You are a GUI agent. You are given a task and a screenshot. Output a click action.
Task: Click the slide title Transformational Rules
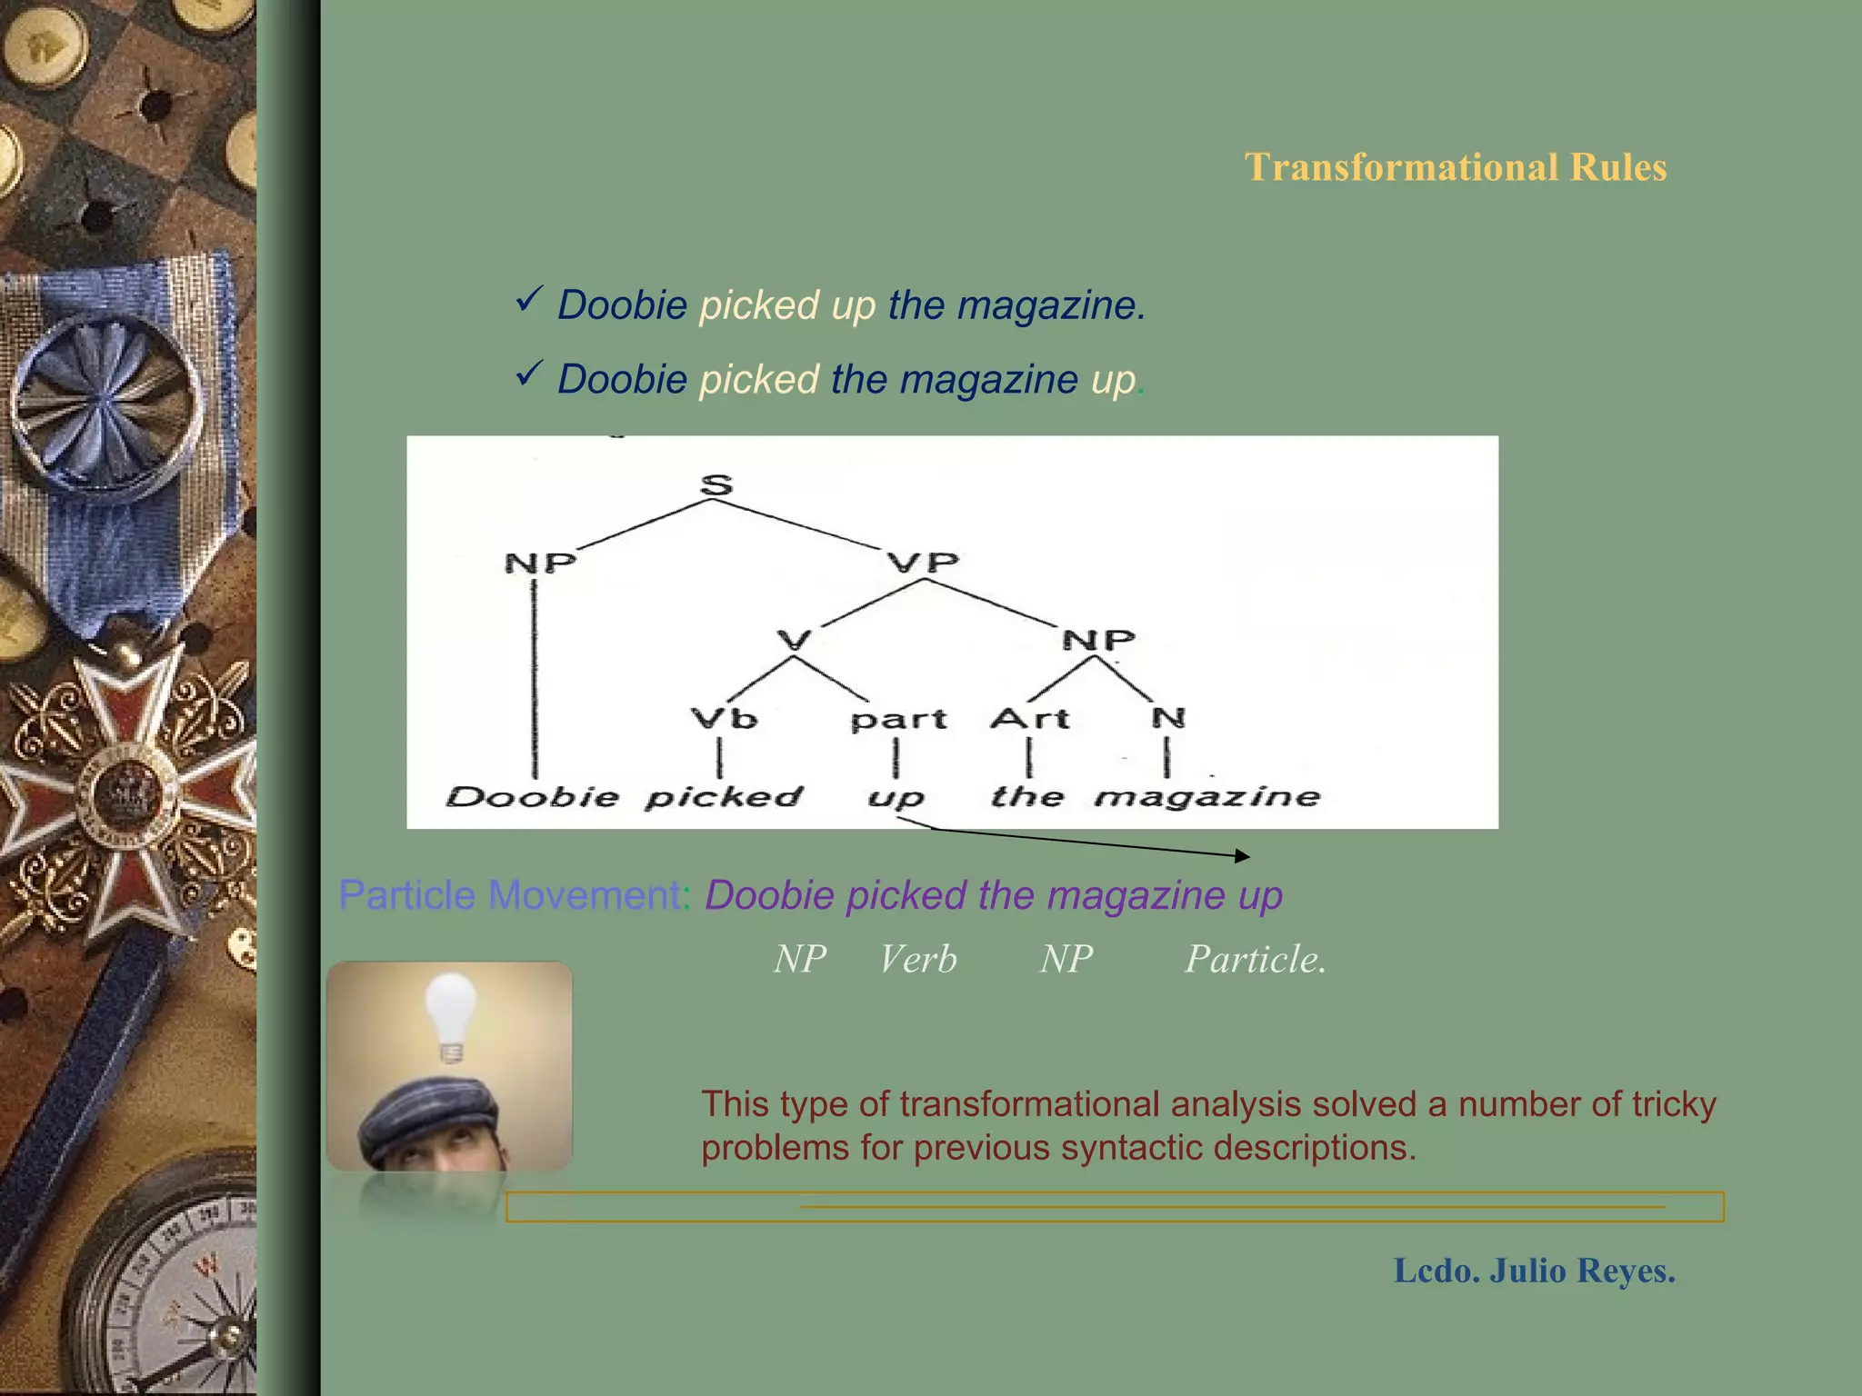[x=1455, y=167]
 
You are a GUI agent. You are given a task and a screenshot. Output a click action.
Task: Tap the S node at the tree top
[x=716, y=484]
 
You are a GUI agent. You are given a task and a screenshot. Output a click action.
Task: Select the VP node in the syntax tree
[x=923, y=562]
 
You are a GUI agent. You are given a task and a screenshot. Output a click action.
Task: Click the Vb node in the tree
[x=724, y=719]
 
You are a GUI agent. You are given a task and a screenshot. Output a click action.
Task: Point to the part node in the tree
[x=898, y=720]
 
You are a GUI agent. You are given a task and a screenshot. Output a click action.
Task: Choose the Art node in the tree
[x=1029, y=719]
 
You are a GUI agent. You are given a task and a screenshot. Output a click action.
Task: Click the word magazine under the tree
[x=1207, y=797]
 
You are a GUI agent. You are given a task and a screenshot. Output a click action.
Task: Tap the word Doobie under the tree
[x=532, y=797]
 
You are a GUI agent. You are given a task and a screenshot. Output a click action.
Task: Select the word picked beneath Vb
[x=724, y=797]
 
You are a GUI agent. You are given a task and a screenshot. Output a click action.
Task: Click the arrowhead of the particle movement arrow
[x=1243, y=855]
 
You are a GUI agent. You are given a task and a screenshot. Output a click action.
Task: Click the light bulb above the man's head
[x=451, y=1013]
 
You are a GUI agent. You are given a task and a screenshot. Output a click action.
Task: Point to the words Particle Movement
[x=509, y=895]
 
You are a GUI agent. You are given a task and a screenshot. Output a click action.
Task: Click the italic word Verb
[x=917, y=960]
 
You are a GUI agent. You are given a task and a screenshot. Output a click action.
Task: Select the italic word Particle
[x=1255, y=960]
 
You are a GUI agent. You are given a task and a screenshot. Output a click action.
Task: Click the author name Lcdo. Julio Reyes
[x=1534, y=1271]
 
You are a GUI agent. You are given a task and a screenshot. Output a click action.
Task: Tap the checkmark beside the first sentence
[x=528, y=299]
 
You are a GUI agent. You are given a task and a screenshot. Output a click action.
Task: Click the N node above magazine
[x=1167, y=718]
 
